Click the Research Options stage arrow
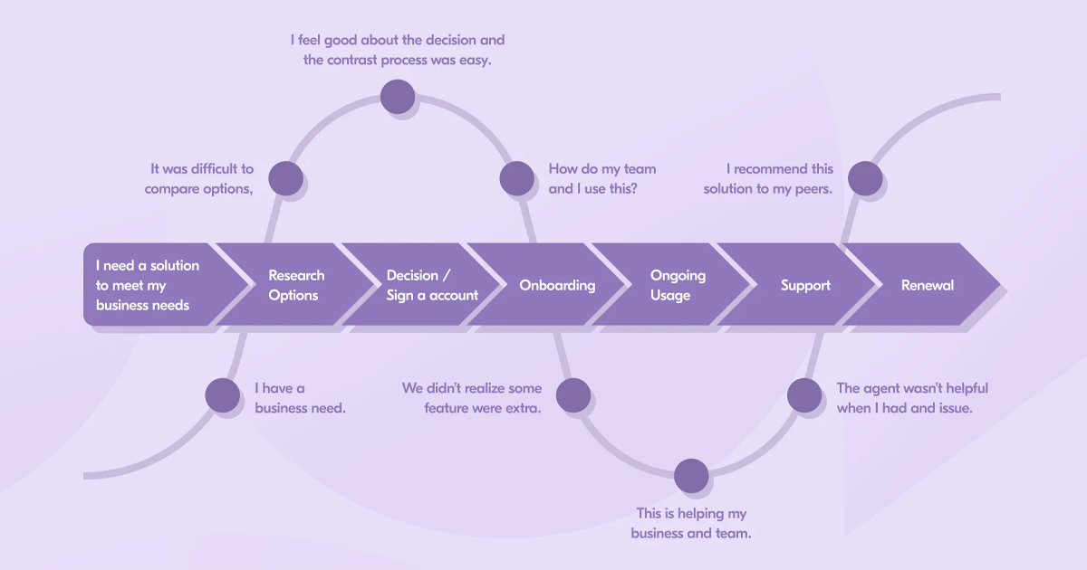[295, 285]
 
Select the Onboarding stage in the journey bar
[557, 285]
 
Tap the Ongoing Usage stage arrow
[678, 285]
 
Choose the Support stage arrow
[805, 285]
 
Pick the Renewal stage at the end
[928, 285]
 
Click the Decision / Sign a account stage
[431, 285]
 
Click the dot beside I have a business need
[222, 395]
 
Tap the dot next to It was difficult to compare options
[285, 178]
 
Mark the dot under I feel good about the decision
[398, 96]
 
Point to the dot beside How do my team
[517, 178]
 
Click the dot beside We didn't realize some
[572, 395]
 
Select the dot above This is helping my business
[691, 476]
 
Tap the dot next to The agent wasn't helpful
[803, 395]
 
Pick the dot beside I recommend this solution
[865, 178]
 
